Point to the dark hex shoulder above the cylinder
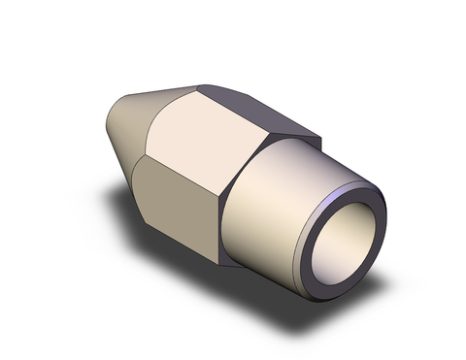pyautogui.click(x=291, y=140)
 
